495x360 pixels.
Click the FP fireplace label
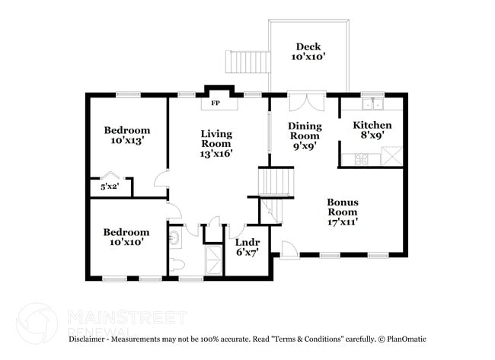coord(216,103)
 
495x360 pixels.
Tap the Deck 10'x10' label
coord(308,51)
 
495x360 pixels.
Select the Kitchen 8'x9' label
coord(372,129)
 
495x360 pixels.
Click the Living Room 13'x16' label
coord(216,143)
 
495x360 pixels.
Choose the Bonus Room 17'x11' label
coord(343,212)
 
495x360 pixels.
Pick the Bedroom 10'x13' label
coord(126,135)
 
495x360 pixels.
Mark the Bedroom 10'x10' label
coord(126,237)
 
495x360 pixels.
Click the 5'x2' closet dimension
coord(110,186)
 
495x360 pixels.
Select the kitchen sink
coord(373,104)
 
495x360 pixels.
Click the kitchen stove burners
coord(360,158)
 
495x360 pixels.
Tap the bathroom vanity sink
coord(175,239)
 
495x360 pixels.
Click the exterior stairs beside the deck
coord(247,61)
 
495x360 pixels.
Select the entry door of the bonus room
coord(288,249)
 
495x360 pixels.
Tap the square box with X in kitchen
coord(392,157)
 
